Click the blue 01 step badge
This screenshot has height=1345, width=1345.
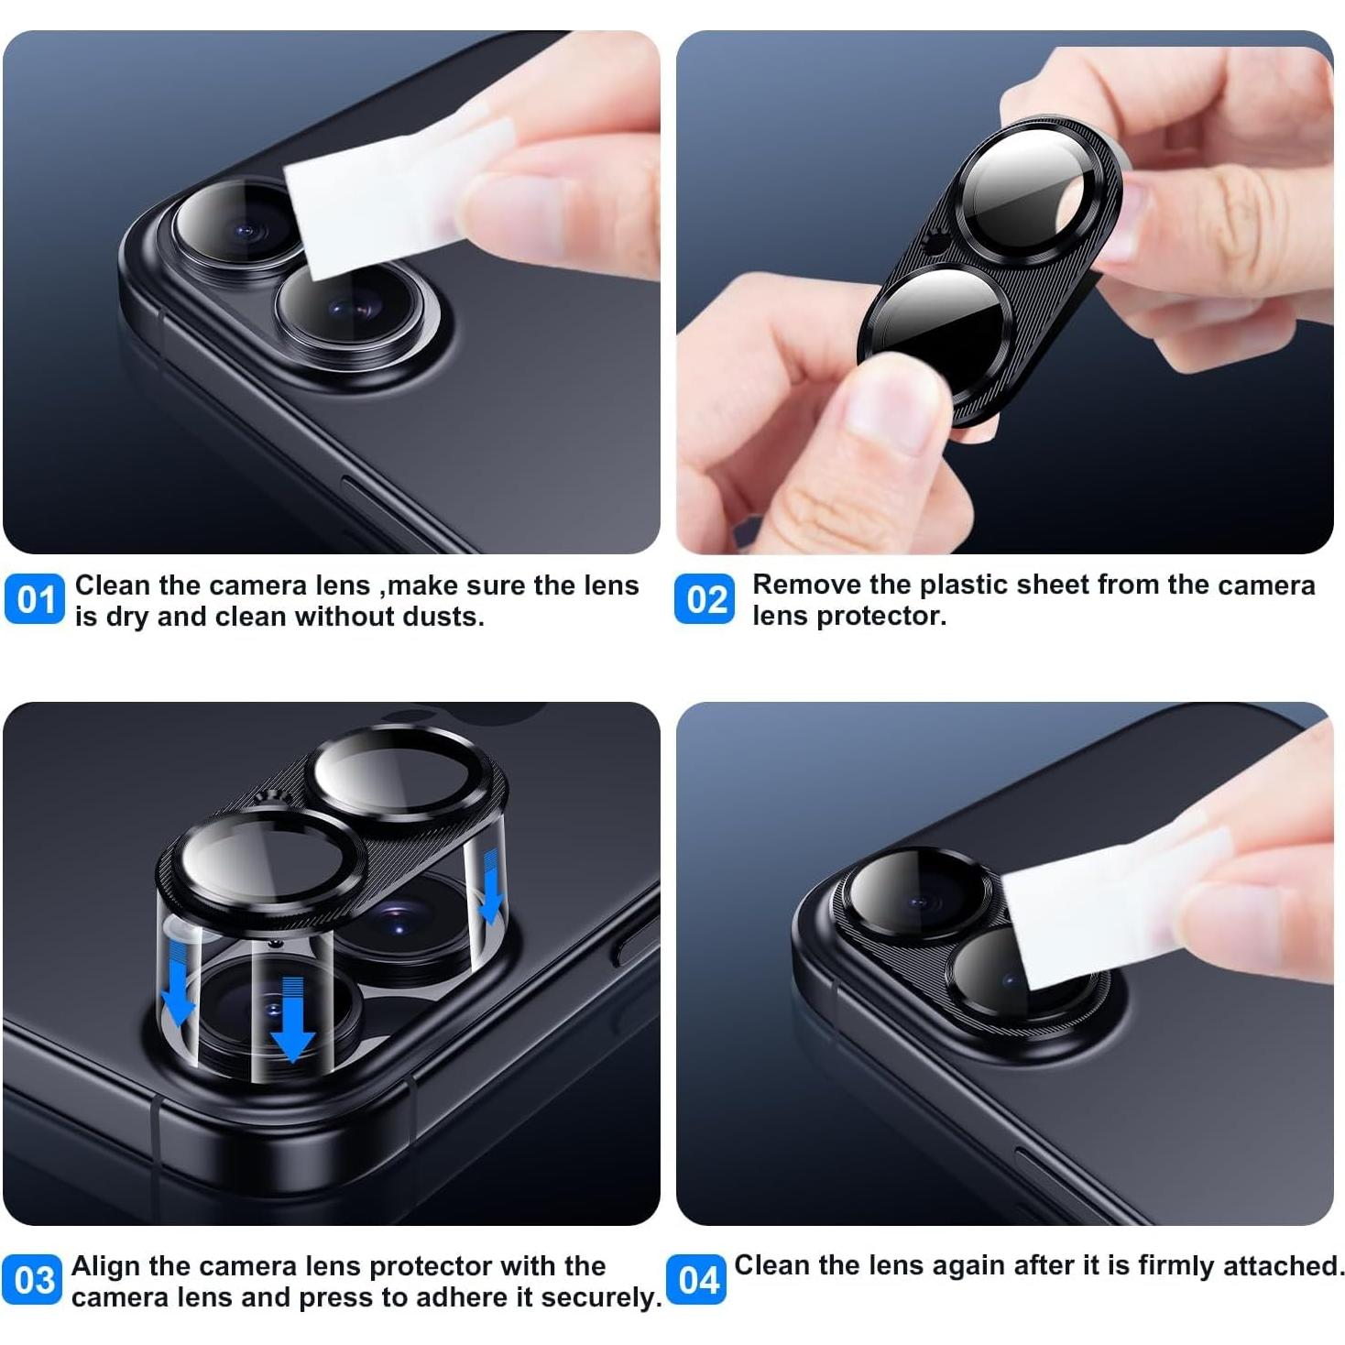coord(35,599)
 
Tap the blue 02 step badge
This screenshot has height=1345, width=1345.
coord(705,599)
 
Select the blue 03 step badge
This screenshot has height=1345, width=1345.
coord(33,1279)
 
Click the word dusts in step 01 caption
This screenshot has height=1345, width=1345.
coord(443,617)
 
